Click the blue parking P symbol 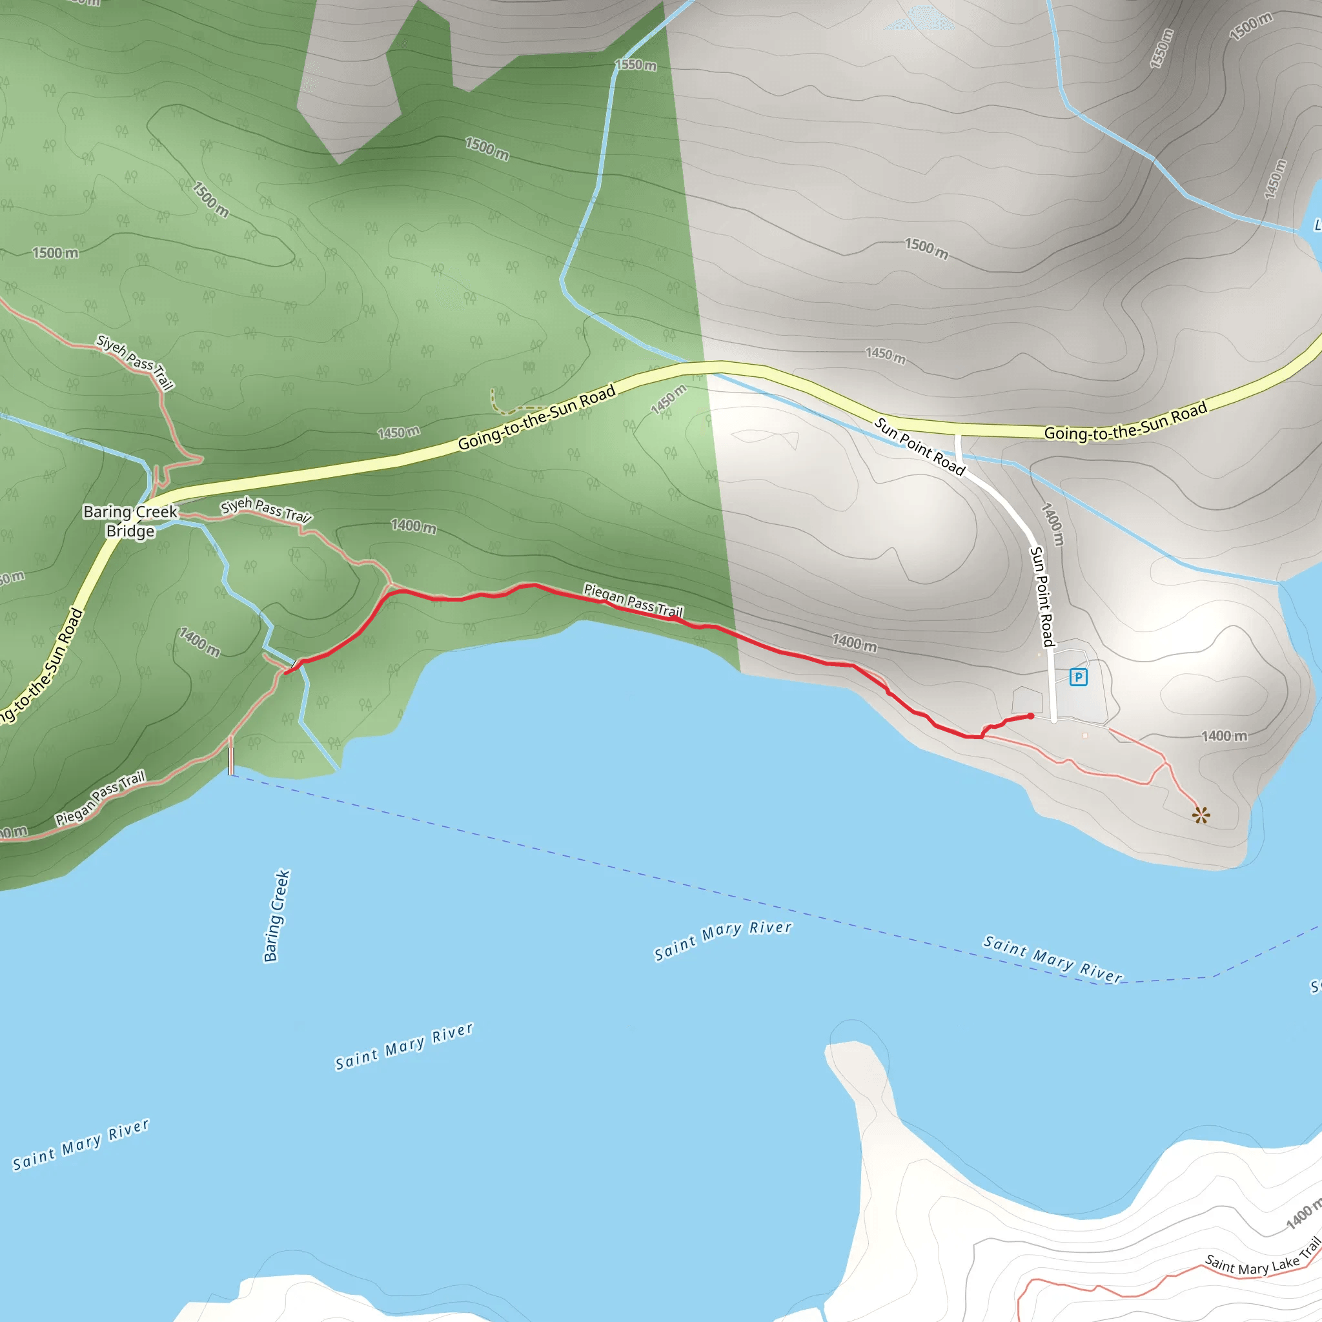point(1079,676)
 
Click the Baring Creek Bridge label point(130,522)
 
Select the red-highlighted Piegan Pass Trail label point(633,600)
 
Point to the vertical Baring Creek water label point(276,915)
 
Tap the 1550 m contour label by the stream point(636,65)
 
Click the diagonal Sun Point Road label point(920,446)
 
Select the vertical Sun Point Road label point(1041,596)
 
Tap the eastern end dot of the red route point(1030,716)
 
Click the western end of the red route point(286,673)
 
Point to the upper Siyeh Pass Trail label point(135,361)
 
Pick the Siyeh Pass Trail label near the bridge point(266,509)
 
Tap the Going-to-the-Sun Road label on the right point(1125,423)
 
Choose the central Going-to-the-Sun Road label point(536,418)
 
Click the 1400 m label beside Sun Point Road point(1053,524)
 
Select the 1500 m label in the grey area point(926,249)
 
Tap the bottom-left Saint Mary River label point(81,1144)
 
